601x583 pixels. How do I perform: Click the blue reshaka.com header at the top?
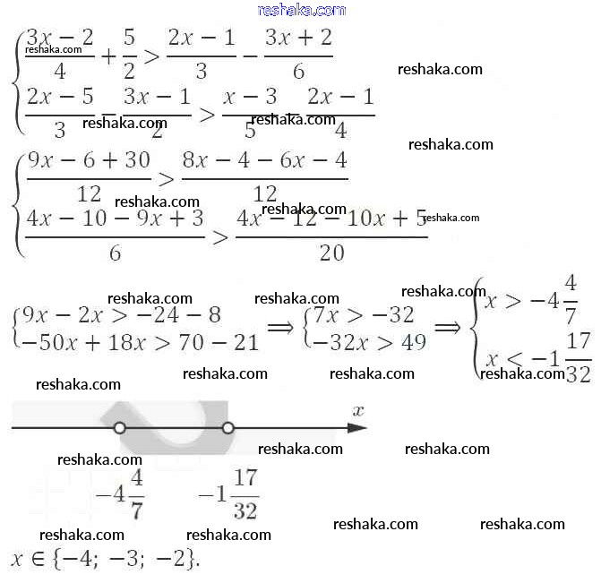[x=301, y=10]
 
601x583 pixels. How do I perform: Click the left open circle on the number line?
[x=120, y=428]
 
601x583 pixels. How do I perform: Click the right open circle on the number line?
[x=228, y=428]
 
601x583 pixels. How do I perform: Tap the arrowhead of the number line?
[x=357, y=428]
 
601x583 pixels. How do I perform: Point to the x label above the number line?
[x=358, y=411]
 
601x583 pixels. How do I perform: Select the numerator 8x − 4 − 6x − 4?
[x=264, y=161]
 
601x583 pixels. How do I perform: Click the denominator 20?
[x=331, y=253]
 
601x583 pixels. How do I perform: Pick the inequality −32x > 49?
[x=364, y=342]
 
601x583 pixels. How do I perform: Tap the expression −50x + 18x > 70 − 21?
[x=139, y=342]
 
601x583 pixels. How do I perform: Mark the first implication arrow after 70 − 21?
[x=280, y=329]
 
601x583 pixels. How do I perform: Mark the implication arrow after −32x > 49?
[x=447, y=329]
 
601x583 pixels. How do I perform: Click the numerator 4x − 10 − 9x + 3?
[x=115, y=219]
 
